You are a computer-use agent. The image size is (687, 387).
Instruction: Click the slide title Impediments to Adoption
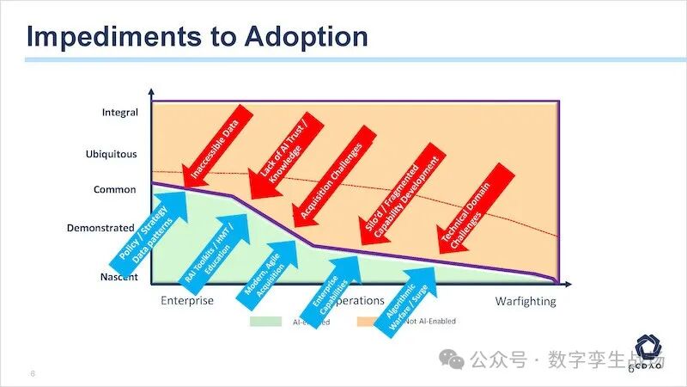[x=198, y=36]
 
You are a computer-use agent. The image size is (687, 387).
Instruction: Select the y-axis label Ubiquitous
[x=111, y=155]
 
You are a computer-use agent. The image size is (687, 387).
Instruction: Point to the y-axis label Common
[x=115, y=189]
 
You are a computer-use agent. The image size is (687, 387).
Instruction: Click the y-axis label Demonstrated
[x=101, y=229]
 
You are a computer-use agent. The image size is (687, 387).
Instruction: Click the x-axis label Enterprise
[x=187, y=301]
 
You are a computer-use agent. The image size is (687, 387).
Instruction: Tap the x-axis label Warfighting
[x=526, y=301]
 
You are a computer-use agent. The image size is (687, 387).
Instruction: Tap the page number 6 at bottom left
[x=32, y=374]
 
